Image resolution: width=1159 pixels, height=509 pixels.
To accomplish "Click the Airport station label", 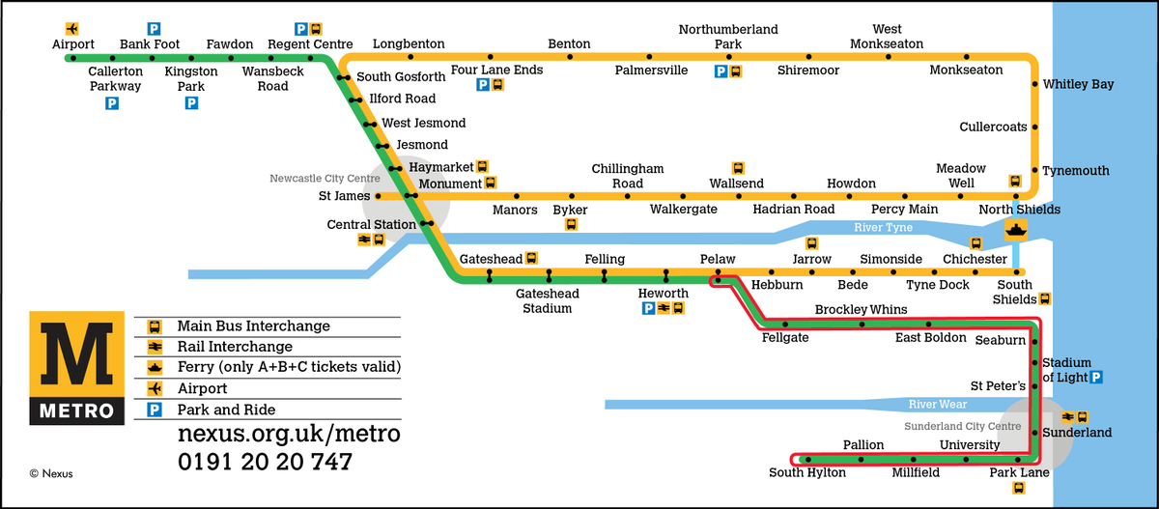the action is [x=73, y=44].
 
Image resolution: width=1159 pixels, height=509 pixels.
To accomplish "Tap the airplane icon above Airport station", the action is [x=72, y=28].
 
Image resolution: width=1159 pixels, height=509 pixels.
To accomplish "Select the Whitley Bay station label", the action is [x=1078, y=85].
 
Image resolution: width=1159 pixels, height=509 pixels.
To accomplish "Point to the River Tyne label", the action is [x=883, y=228].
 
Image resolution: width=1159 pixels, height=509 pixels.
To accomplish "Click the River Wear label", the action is [x=939, y=404].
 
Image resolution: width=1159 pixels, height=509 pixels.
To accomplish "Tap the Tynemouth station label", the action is [x=1076, y=171].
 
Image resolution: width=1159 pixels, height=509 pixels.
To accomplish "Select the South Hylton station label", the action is [x=807, y=473].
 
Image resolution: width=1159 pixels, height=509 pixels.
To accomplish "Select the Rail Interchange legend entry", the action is [x=234, y=347].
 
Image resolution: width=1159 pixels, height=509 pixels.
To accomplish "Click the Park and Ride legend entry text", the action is [x=225, y=410].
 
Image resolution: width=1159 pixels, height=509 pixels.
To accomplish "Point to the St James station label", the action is [x=344, y=196].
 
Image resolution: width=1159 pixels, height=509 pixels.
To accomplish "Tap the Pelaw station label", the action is [x=718, y=260].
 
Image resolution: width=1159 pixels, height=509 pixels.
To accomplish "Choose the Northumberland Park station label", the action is [x=727, y=37].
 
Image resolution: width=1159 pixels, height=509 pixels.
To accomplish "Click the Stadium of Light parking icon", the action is [x=1096, y=377].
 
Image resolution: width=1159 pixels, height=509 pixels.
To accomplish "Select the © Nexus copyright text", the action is [x=51, y=473].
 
